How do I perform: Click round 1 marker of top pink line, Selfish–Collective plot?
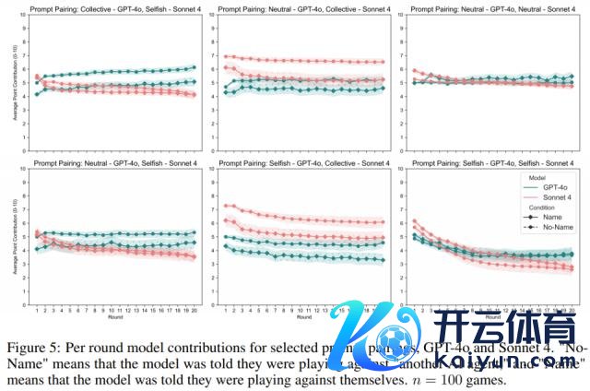pyautogui.click(x=226, y=206)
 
